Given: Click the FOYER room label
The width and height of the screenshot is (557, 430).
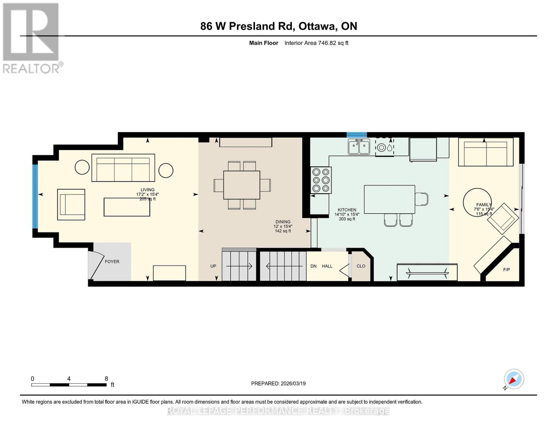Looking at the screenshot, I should (112, 262).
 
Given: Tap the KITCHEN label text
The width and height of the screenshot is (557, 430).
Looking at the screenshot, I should (347, 210).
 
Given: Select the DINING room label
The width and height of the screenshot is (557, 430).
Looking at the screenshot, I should (283, 222).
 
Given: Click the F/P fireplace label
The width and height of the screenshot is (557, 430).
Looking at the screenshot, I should (506, 270).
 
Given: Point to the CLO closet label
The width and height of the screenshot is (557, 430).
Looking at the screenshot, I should (361, 266).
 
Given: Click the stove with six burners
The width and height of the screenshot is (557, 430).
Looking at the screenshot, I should (321, 180).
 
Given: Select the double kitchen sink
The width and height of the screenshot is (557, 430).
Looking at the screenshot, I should (359, 147).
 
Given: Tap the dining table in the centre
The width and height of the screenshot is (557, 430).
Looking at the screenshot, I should (242, 185).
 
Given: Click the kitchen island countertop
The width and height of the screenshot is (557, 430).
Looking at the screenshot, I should (389, 199).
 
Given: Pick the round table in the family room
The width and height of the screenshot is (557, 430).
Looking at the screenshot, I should (477, 202).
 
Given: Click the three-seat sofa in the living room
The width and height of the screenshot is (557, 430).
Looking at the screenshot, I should (123, 168).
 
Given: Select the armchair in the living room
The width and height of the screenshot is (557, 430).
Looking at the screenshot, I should (71, 204).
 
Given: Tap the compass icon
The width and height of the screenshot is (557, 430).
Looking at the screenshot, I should (514, 379).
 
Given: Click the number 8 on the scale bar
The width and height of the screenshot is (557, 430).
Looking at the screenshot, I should (106, 379).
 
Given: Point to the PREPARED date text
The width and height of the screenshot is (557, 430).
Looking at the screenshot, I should (278, 383).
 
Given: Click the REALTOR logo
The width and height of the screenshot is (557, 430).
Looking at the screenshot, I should (32, 38).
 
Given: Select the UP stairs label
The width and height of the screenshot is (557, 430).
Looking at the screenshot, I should (213, 266).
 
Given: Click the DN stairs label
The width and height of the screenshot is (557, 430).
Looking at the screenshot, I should (313, 266).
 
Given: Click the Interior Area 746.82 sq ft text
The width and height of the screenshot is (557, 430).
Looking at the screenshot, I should (316, 43).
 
